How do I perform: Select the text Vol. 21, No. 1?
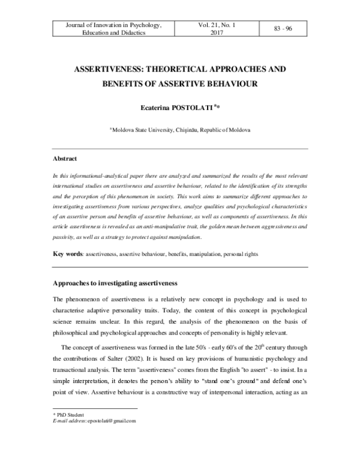[x=216, y=25]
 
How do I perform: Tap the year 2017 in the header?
[x=216, y=34]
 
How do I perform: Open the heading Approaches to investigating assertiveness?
[x=116, y=282]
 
